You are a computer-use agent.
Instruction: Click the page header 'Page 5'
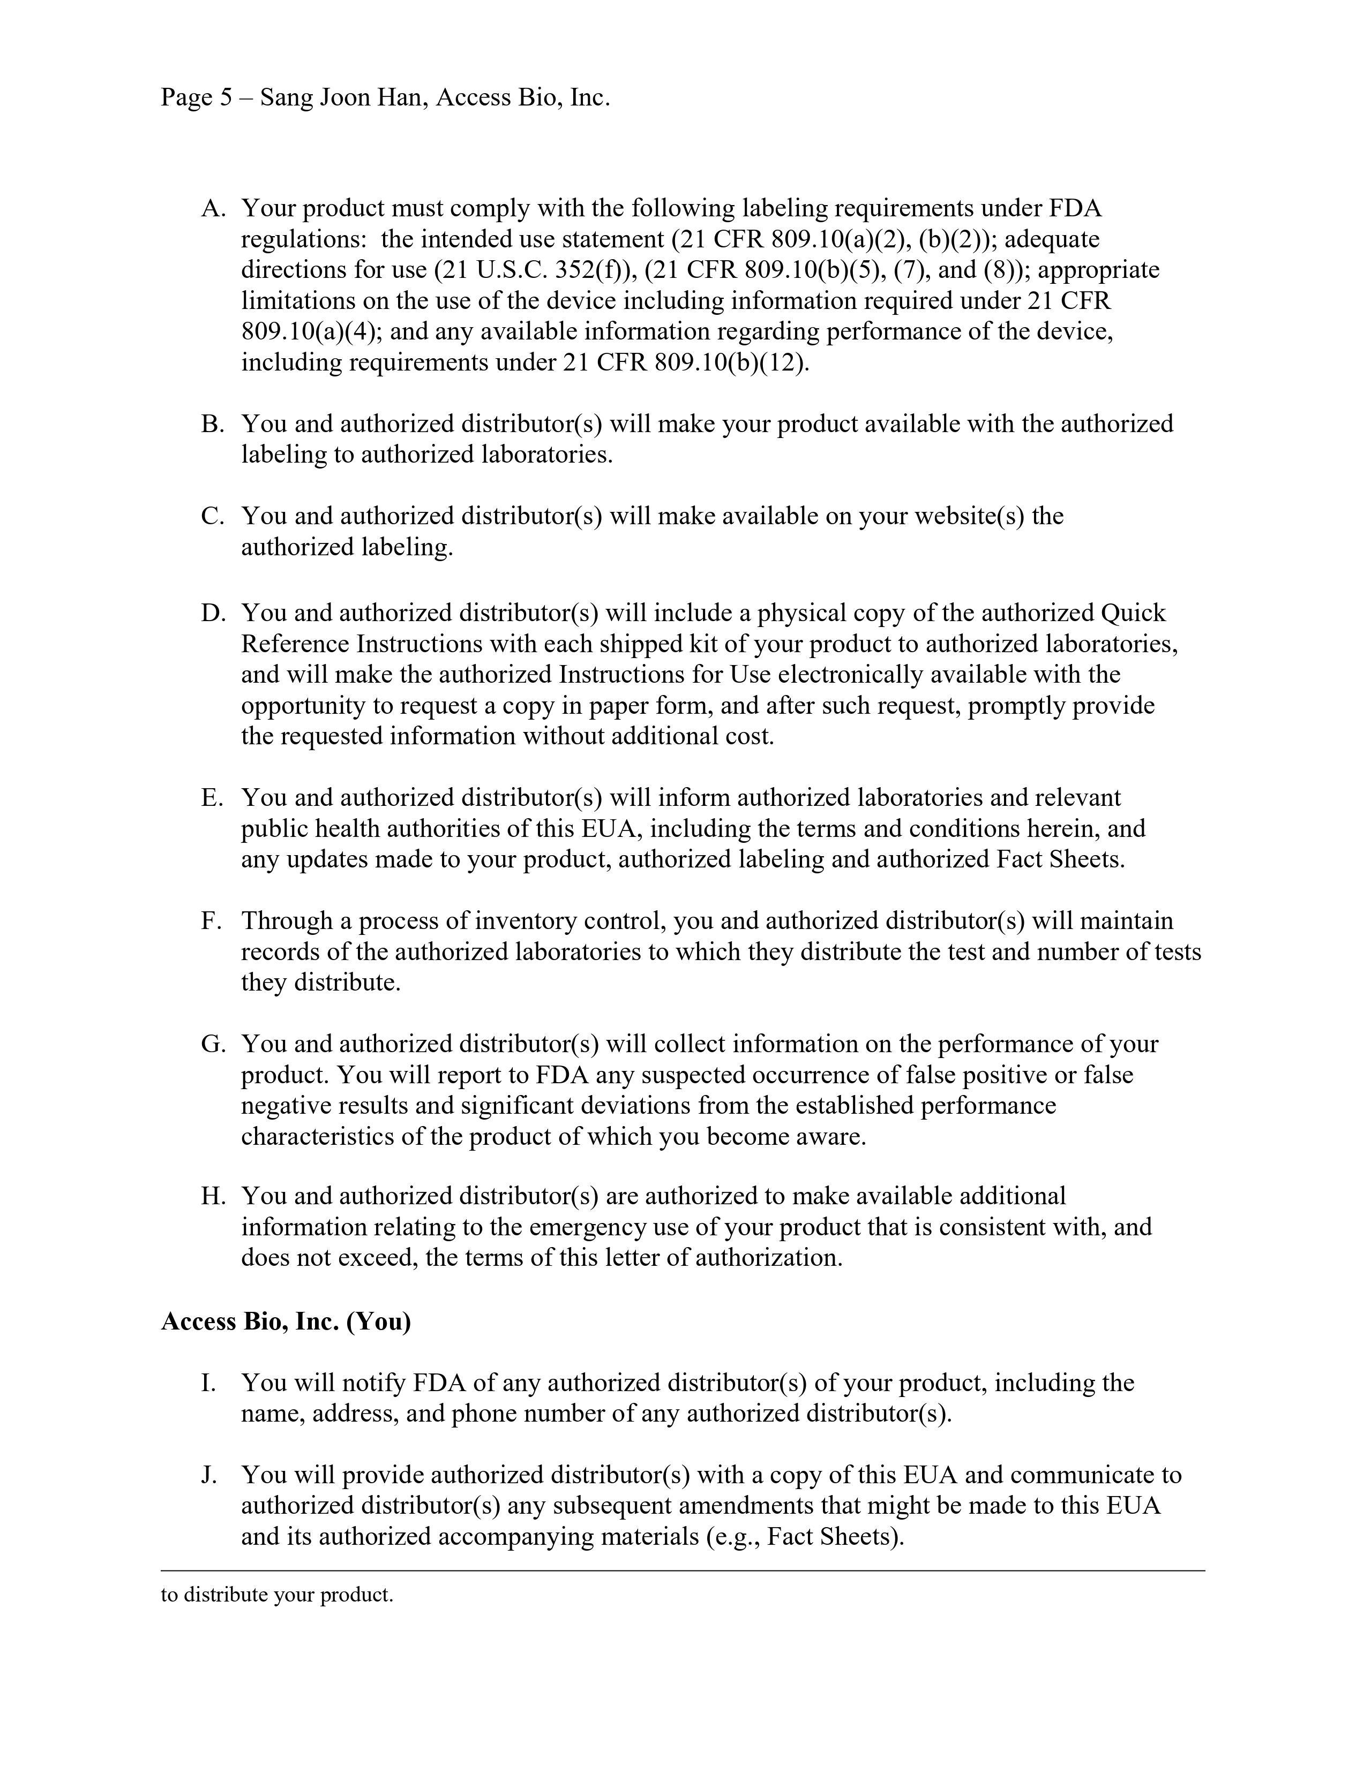pos(197,98)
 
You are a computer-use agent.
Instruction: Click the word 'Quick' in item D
pos(1133,613)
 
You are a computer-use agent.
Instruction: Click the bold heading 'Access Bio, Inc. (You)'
pos(286,1321)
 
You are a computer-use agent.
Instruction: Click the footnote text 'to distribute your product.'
pos(277,1595)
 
